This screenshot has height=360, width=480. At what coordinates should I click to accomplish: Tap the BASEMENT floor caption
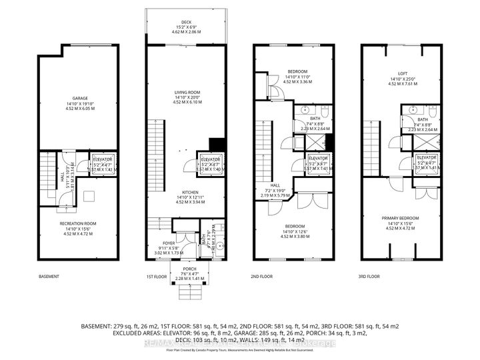tap(49, 276)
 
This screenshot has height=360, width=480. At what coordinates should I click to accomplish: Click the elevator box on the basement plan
tap(103, 164)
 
